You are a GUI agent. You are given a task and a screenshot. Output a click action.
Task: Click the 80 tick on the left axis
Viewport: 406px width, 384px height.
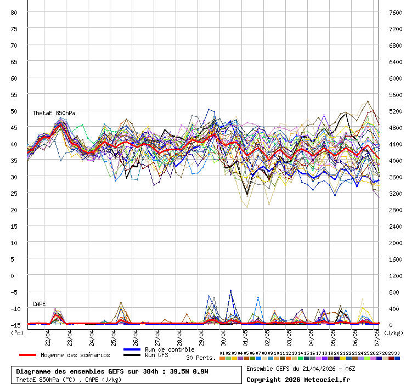pos(14,12)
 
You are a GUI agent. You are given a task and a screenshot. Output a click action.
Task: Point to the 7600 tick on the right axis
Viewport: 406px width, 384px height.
pos(395,12)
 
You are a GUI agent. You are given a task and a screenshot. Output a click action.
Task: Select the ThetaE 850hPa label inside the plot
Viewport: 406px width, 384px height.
pos(54,114)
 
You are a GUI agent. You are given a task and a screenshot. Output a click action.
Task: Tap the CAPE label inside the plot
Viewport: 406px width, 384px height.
pos(39,304)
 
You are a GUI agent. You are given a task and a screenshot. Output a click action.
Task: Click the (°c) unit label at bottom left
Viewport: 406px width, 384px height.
pos(17,332)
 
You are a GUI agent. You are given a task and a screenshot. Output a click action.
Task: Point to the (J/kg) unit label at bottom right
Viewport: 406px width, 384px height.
pos(393,332)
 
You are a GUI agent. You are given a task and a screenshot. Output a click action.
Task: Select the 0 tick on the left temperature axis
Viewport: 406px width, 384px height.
pos(16,275)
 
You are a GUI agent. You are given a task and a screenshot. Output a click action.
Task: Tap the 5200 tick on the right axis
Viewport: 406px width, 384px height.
pos(395,111)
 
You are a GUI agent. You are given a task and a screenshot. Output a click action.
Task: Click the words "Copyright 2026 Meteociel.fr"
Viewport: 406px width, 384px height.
pos(298,379)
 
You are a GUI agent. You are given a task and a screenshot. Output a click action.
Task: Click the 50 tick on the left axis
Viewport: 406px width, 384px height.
pos(14,111)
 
